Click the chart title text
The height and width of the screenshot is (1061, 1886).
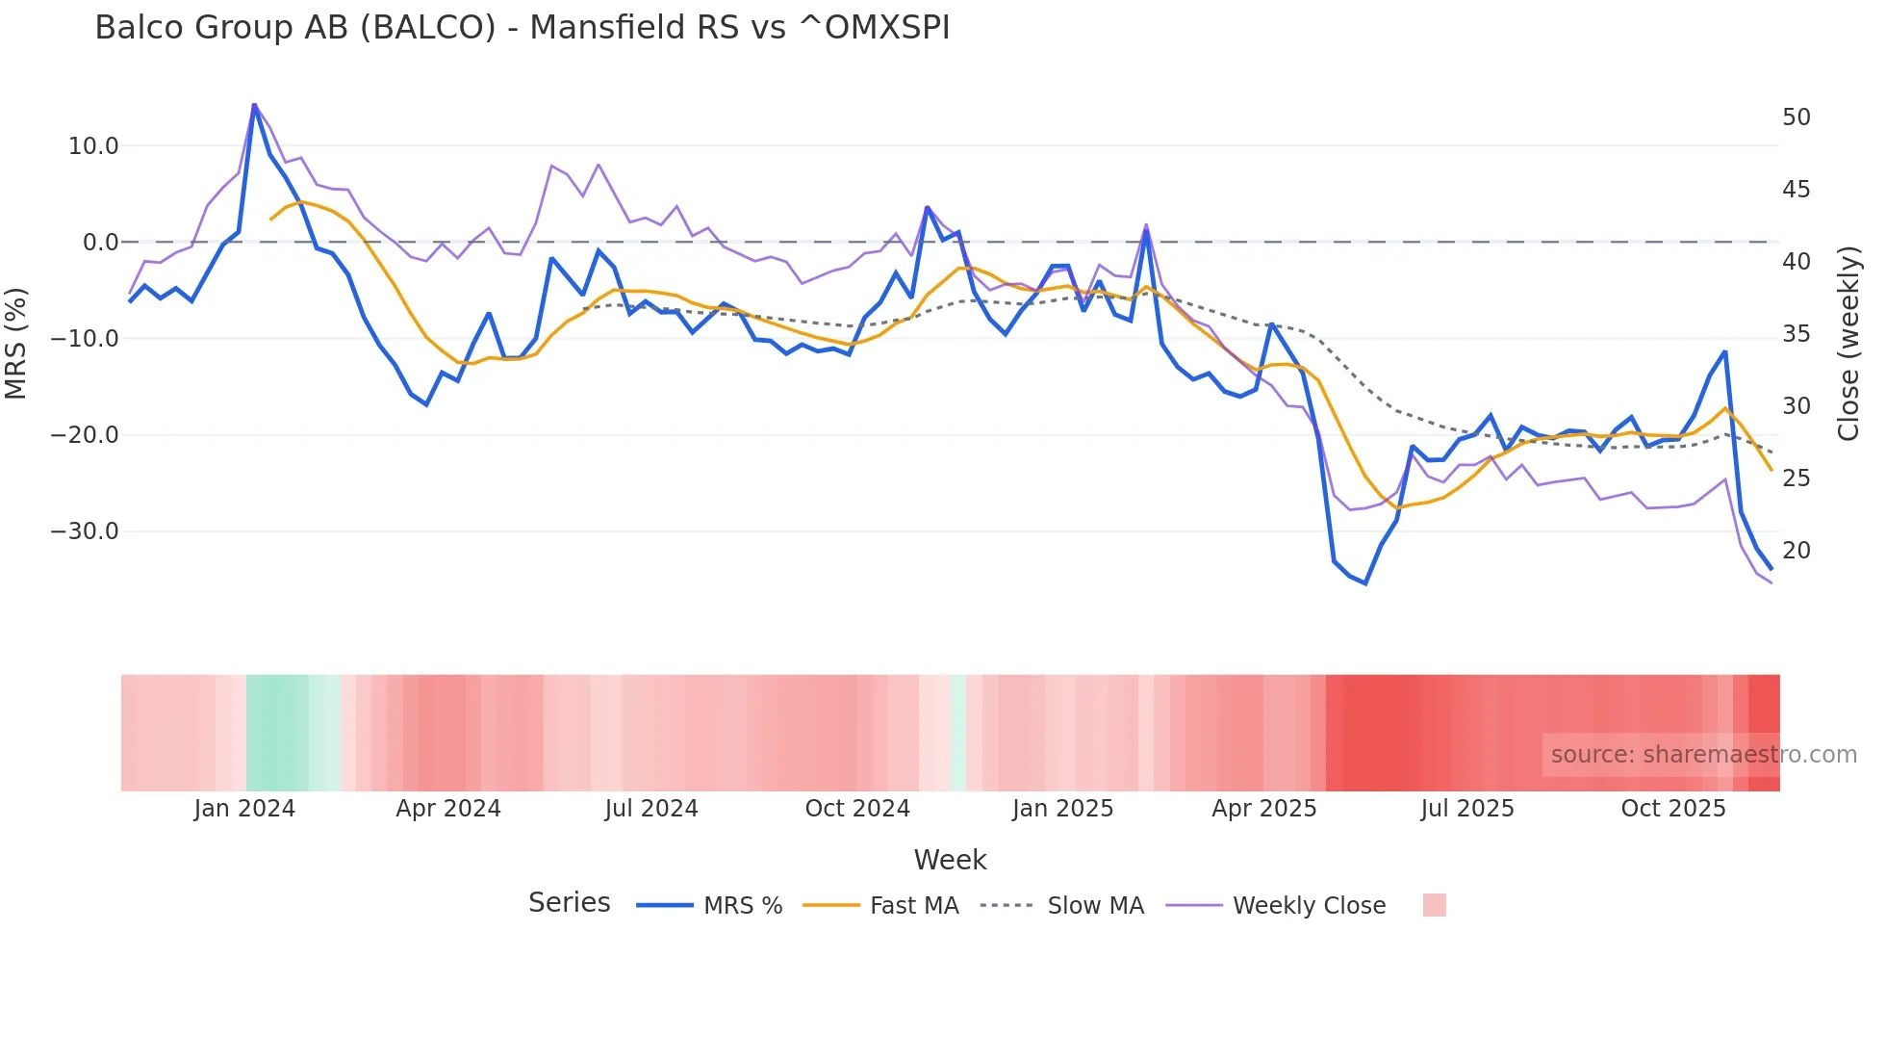(x=522, y=28)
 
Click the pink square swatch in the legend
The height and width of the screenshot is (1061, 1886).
(x=1434, y=905)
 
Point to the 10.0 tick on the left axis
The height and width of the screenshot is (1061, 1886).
(x=93, y=146)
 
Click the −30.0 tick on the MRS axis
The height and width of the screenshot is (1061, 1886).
(x=85, y=531)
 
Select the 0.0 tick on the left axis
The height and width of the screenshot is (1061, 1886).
(x=100, y=243)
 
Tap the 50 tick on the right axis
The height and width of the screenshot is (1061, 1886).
(x=1796, y=117)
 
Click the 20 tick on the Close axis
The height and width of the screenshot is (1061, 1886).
(x=1796, y=551)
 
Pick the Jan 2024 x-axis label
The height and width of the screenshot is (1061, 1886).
(x=244, y=809)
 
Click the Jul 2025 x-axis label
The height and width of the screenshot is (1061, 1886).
(x=1466, y=809)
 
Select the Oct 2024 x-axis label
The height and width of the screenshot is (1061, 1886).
(x=857, y=809)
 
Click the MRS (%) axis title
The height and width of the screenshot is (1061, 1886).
(x=16, y=343)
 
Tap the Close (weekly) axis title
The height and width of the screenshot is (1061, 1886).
(x=1848, y=343)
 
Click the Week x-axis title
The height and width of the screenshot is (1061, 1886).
(x=950, y=860)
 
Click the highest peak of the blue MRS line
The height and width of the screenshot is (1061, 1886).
(x=254, y=105)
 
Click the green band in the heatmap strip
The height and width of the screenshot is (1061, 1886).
(x=277, y=733)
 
